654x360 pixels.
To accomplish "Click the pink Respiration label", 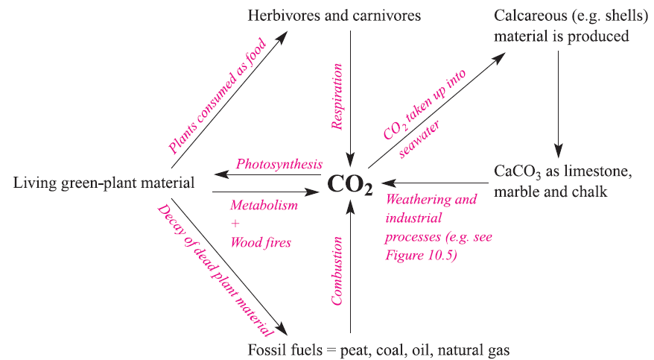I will [337, 97].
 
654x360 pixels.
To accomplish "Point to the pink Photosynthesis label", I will [279, 164].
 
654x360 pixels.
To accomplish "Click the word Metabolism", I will [264, 204].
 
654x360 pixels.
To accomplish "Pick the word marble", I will [516, 192].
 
